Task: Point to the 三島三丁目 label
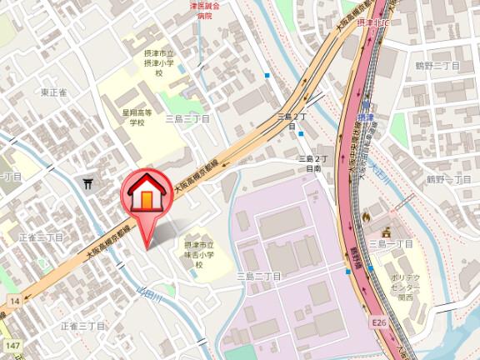pos(187,119)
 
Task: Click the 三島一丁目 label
pos(391,243)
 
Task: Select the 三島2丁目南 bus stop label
pos(315,162)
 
